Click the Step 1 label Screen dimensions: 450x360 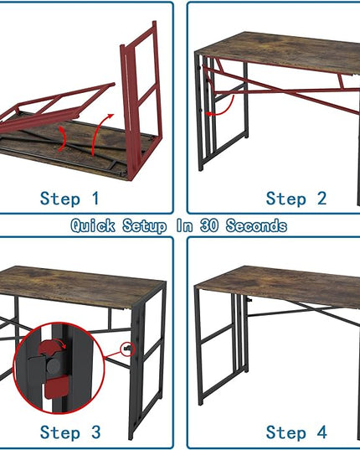69,199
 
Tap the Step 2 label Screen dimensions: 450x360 296,199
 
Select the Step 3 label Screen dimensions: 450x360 70,432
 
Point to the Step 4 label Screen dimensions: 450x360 296,432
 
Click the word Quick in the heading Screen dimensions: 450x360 94,225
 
